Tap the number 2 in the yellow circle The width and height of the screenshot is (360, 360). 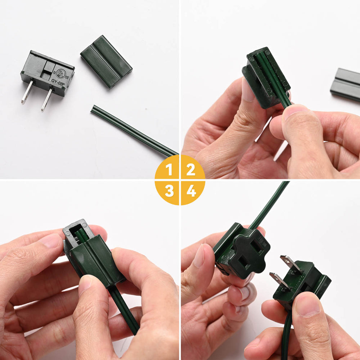click(191, 169)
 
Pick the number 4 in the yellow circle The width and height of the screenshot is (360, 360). click(191, 191)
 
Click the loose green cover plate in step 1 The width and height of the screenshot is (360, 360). click(106, 61)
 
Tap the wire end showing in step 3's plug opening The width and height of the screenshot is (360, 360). click(81, 234)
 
